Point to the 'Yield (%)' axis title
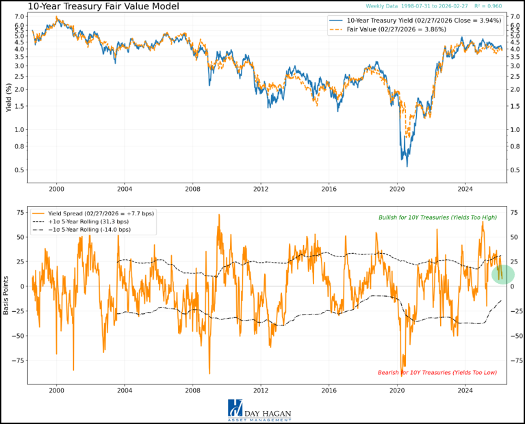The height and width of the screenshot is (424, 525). (9, 97)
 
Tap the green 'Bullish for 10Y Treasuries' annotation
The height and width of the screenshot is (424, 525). (437, 217)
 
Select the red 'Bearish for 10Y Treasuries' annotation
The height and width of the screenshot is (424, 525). (437, 373)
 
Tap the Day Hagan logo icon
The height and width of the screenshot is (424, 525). (235, 408)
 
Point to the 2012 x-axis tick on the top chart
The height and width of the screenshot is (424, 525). (260, 188)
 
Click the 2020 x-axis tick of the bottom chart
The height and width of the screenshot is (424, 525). (397, 389)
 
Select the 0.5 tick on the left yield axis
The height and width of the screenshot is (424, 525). (20, 170)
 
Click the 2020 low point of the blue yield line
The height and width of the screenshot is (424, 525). (407, 165)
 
